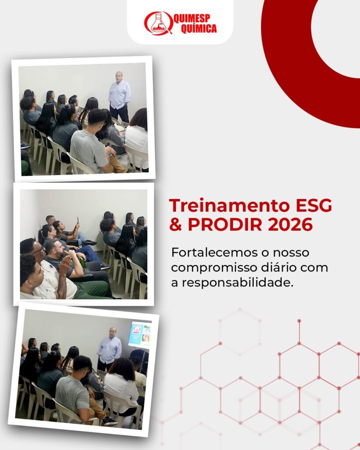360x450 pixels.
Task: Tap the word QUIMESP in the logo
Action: point(192,18)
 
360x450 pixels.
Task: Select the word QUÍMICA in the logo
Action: point(199,29)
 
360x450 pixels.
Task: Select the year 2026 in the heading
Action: point(290,225)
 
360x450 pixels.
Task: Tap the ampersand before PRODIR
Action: point(176,225)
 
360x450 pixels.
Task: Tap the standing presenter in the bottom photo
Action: point(109,348)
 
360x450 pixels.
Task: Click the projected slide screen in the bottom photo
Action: point(140,334)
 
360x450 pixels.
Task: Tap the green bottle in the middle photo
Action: point(83,262)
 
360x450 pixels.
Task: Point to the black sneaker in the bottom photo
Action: point(110,421)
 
